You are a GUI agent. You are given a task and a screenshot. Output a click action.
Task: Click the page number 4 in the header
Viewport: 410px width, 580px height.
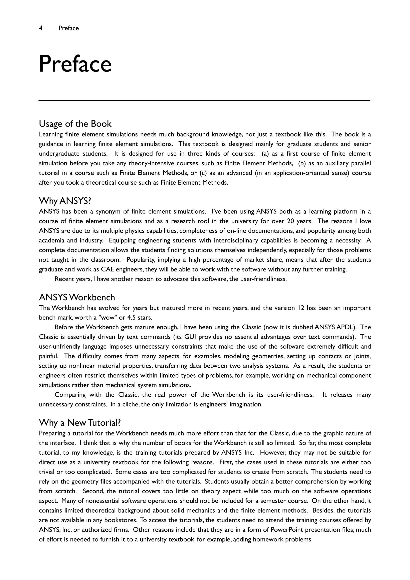point(41,28)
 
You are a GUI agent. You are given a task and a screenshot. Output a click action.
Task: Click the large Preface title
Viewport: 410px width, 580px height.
point(75,64)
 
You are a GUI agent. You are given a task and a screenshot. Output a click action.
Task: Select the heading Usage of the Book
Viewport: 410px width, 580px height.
point(75,124)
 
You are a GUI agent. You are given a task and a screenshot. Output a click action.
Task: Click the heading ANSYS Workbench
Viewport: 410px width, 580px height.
point(77,297)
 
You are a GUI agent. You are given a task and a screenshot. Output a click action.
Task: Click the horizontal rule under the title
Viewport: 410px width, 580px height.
point(204,101)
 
